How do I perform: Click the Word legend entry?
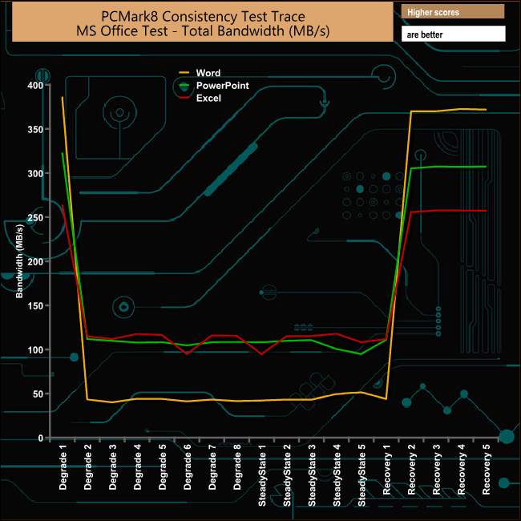(207, 73)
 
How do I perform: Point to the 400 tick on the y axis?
(34, 85)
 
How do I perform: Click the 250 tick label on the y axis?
(34, 217)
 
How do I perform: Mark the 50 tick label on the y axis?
(37, 394)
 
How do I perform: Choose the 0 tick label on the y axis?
(40, 438)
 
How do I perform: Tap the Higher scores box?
(454, 12)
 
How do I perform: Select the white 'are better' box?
(454, 34)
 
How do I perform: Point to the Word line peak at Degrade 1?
(63, 98)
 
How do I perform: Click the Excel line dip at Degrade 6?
(188, 353)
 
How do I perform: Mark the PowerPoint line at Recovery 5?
(486, 167)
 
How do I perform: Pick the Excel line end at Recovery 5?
(486, 211)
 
